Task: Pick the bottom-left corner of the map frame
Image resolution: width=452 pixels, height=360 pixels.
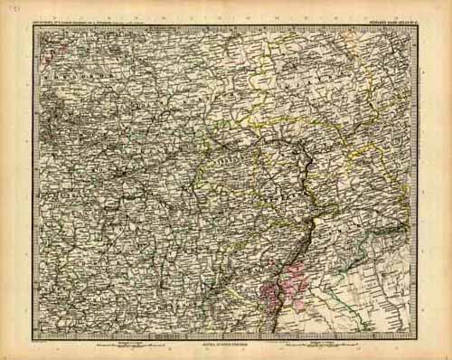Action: [33, 339]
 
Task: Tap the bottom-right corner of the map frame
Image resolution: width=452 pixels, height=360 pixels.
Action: [418, 339]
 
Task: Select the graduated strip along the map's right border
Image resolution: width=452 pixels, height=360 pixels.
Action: [416, 181]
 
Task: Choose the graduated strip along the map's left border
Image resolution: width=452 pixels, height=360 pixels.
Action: [35, 181]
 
